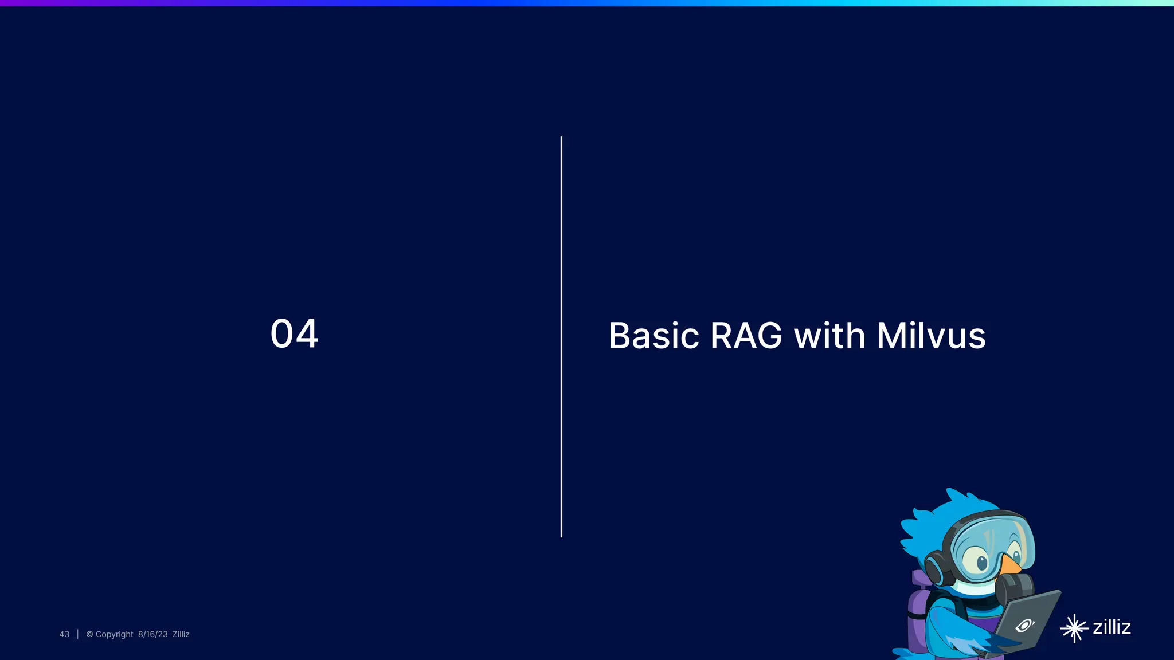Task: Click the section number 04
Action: point(294,334)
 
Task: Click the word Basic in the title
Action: point(653,336)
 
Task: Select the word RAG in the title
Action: point(746,336)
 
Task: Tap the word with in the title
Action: point(829,336)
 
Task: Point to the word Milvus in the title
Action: point(931,336)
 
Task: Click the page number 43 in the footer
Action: point(64,634)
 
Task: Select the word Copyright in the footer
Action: point(114,634)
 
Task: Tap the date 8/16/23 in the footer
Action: point(152,634)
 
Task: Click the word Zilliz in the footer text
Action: point(181,634)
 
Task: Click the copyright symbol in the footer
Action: point(89,634)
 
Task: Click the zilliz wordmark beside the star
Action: point(1112,627)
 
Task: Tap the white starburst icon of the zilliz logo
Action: point(1074,628)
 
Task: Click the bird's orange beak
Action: point(1010,565)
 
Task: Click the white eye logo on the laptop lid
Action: point(1024,625)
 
